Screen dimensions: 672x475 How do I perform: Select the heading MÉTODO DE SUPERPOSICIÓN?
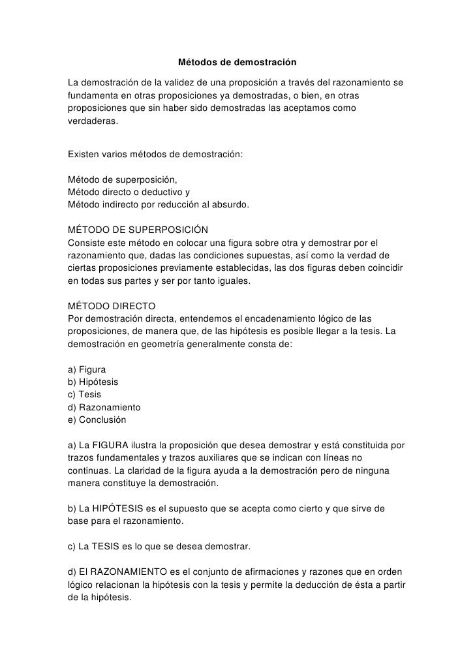[x=138, y=230]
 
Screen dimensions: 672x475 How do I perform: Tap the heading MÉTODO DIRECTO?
[x=112, y=305]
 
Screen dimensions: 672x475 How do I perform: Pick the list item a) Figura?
[x=87, y=369]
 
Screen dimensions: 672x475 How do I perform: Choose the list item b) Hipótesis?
[x=93, y=381]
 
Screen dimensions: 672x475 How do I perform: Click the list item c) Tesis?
[x=85, y=394]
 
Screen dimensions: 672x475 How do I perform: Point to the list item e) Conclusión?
[x=97, y=420]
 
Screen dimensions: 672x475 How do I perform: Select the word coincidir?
[x=383, y=268]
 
